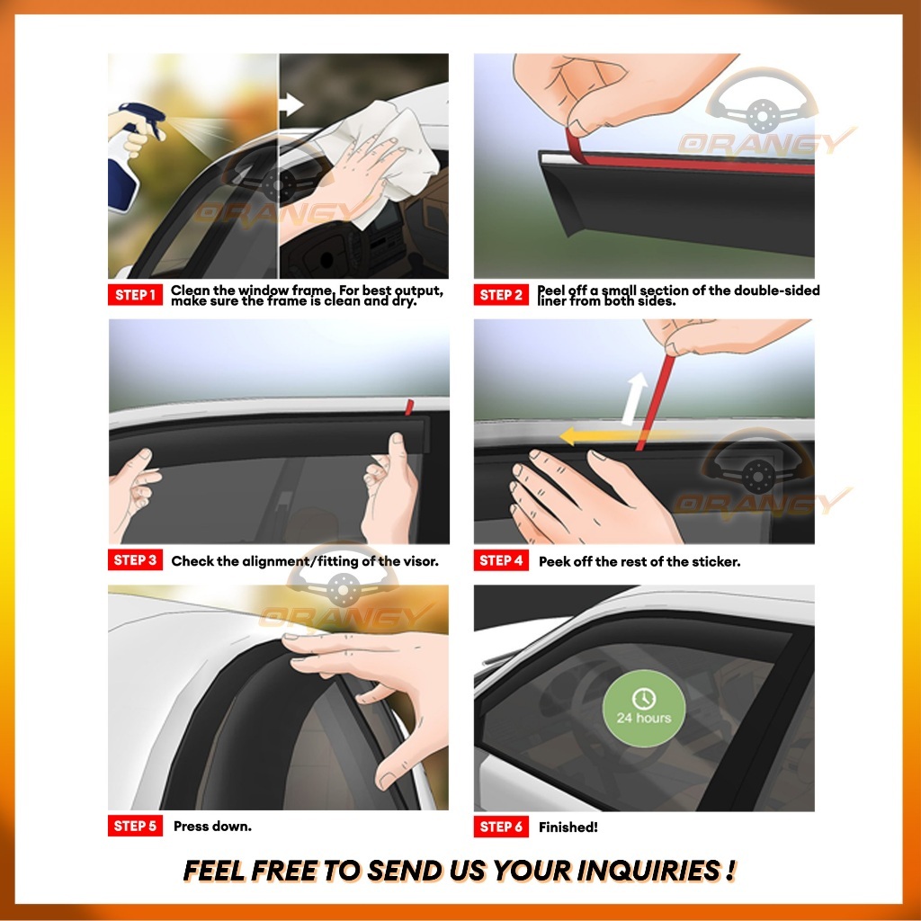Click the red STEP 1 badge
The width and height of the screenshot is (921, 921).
pos(135,295)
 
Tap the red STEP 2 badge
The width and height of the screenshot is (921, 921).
pos(501,295)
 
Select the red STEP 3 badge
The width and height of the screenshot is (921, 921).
pos(135,559)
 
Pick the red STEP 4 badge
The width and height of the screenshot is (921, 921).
pos(501,560)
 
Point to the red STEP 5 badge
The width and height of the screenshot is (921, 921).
pos(135,826)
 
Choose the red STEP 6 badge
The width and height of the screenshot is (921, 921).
pos(501,827)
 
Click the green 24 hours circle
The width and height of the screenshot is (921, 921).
pos(644,709)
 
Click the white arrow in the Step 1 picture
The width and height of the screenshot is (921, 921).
pos(291,105)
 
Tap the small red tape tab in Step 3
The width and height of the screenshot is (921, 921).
pos(409,407)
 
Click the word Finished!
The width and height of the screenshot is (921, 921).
pos(568,827)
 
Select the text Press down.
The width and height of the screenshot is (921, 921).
pos(212,826)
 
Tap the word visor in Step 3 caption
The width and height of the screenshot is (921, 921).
pos(420,561)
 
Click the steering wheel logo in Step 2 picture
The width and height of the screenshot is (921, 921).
pos(762,101)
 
